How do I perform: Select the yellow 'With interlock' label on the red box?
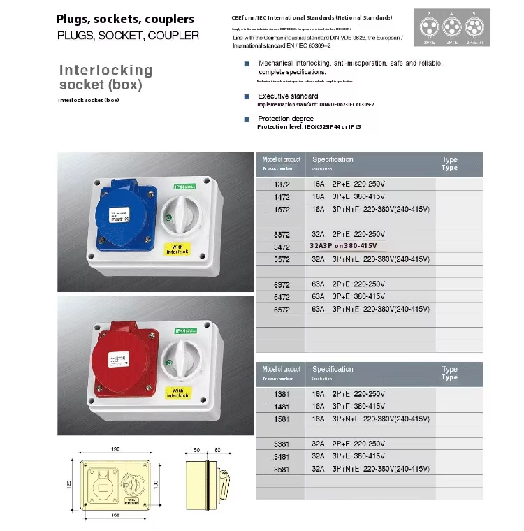178,393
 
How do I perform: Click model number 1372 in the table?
282,184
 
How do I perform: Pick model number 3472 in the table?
282,247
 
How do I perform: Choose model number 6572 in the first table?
282,309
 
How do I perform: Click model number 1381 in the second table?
282,394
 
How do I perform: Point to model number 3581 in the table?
282,469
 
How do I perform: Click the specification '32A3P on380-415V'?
344,247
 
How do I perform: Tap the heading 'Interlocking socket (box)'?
105,78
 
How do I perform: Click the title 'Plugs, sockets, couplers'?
126,19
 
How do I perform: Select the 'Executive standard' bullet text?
288,96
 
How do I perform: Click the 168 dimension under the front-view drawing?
114,516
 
